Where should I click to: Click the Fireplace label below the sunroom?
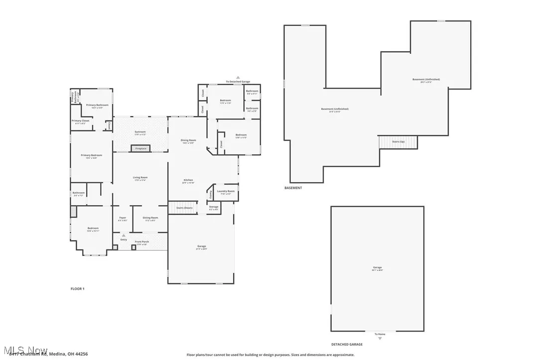[140, 148]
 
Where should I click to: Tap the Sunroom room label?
[140, 132]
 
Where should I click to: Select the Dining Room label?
[188, 140]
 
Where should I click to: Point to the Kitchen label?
[188, 180]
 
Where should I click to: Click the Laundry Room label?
[225, 191]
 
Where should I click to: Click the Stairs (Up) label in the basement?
[398, 142]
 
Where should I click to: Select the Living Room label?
[140, 178]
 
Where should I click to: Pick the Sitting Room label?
[150, 218]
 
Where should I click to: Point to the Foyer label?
[122, 218]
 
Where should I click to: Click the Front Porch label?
[141, 242]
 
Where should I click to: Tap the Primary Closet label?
[80, 120]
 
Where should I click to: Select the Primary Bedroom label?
[92, 155]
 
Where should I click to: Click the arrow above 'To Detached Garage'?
[238, 78]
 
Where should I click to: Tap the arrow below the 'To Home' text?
[380, 338]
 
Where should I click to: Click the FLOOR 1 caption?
[77, 289]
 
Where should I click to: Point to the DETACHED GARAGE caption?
[347, 344]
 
